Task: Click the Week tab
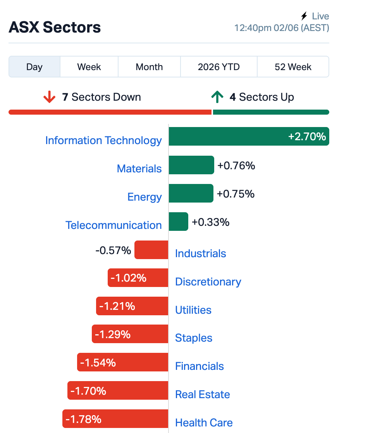point(89,67)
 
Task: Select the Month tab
point(149,67)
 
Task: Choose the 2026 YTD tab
point(219,67)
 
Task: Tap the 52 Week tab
point(293,67)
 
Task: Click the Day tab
point(34,67)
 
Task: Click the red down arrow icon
point(50,97)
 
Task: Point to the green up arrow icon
point(217,97)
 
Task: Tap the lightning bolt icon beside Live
point(304,16)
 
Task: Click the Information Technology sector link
point(103,141)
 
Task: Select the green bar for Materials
point(191,165)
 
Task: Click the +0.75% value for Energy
point(236,194)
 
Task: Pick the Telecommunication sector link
point(113,225)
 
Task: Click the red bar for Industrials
point(151,250)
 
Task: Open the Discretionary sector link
point(208,282)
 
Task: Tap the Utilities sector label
point(193,310)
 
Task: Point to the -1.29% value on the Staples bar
point(113,334)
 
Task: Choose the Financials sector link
point(199,366)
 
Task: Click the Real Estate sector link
point(203,395)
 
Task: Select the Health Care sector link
point(204,423)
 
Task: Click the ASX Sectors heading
point(55,27)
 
